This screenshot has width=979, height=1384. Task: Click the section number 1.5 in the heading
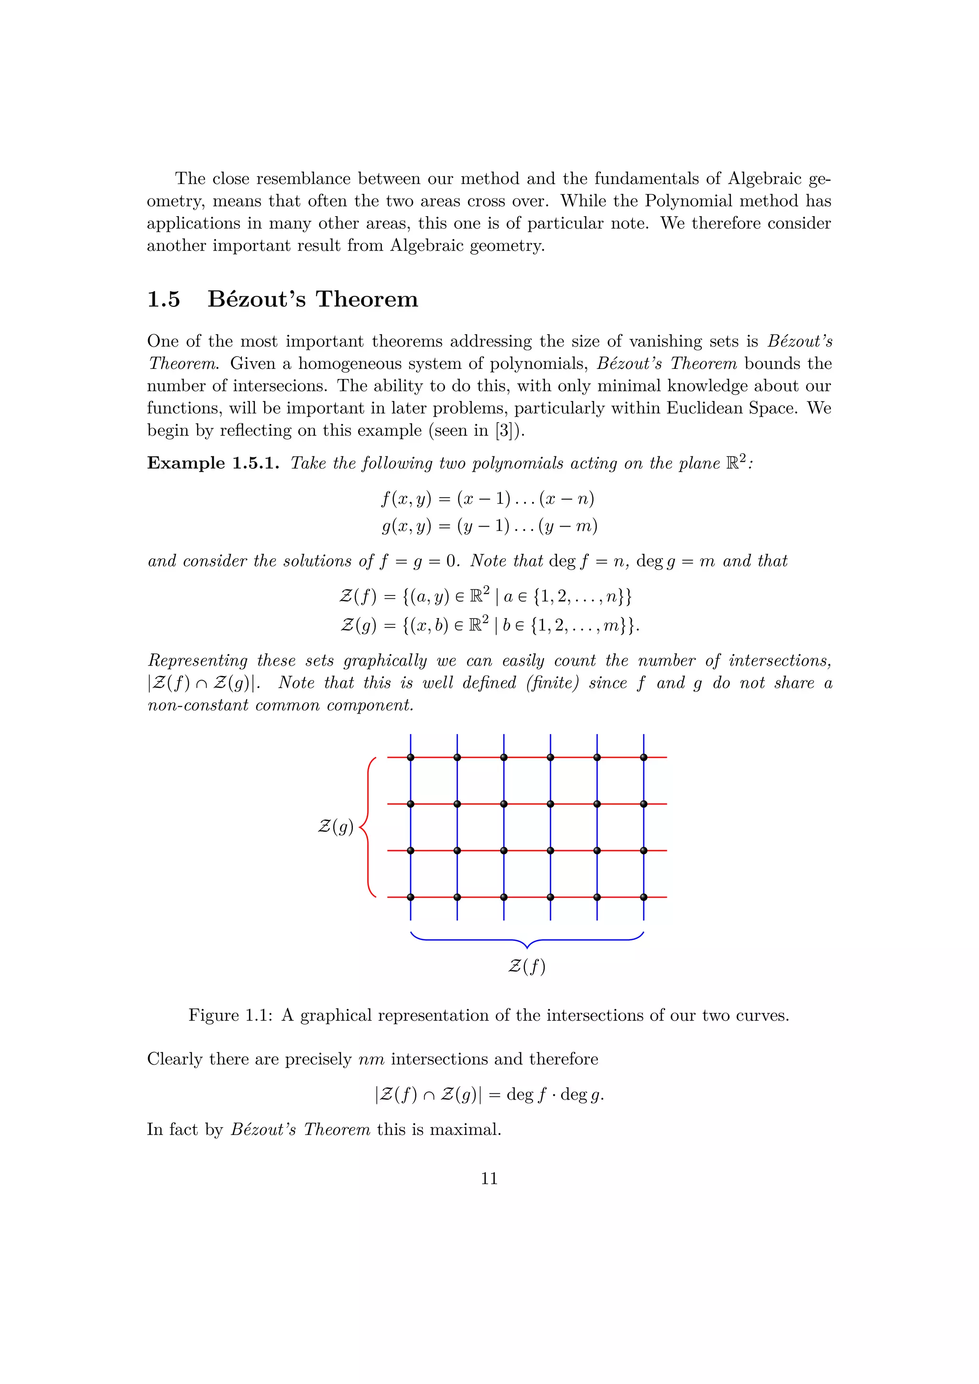tap(163, 299)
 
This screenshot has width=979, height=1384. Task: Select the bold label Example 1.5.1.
tap(213, 463)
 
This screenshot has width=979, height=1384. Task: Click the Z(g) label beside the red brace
tap(335, 826)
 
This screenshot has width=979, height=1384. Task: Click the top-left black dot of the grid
tap(411, 757)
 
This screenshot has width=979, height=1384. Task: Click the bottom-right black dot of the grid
tap(644, 897)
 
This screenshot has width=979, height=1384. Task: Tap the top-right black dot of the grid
tap(644, 757)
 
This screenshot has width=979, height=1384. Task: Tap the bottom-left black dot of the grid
tap(411, 897)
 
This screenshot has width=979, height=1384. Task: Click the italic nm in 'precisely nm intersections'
tap(371, 1060)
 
